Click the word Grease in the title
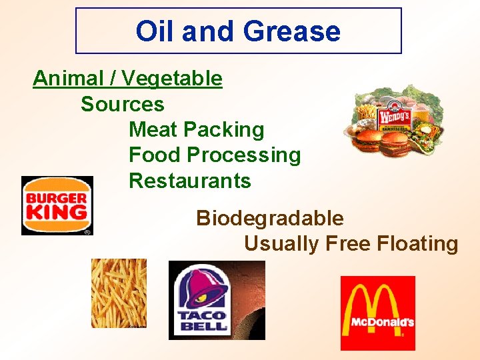292,31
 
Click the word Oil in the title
154,31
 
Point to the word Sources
122,105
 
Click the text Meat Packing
196,129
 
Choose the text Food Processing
214,155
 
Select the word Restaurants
189,181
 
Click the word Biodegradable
269,218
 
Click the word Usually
281,244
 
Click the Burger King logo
57,205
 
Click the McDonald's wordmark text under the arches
377,323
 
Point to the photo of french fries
119,293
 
